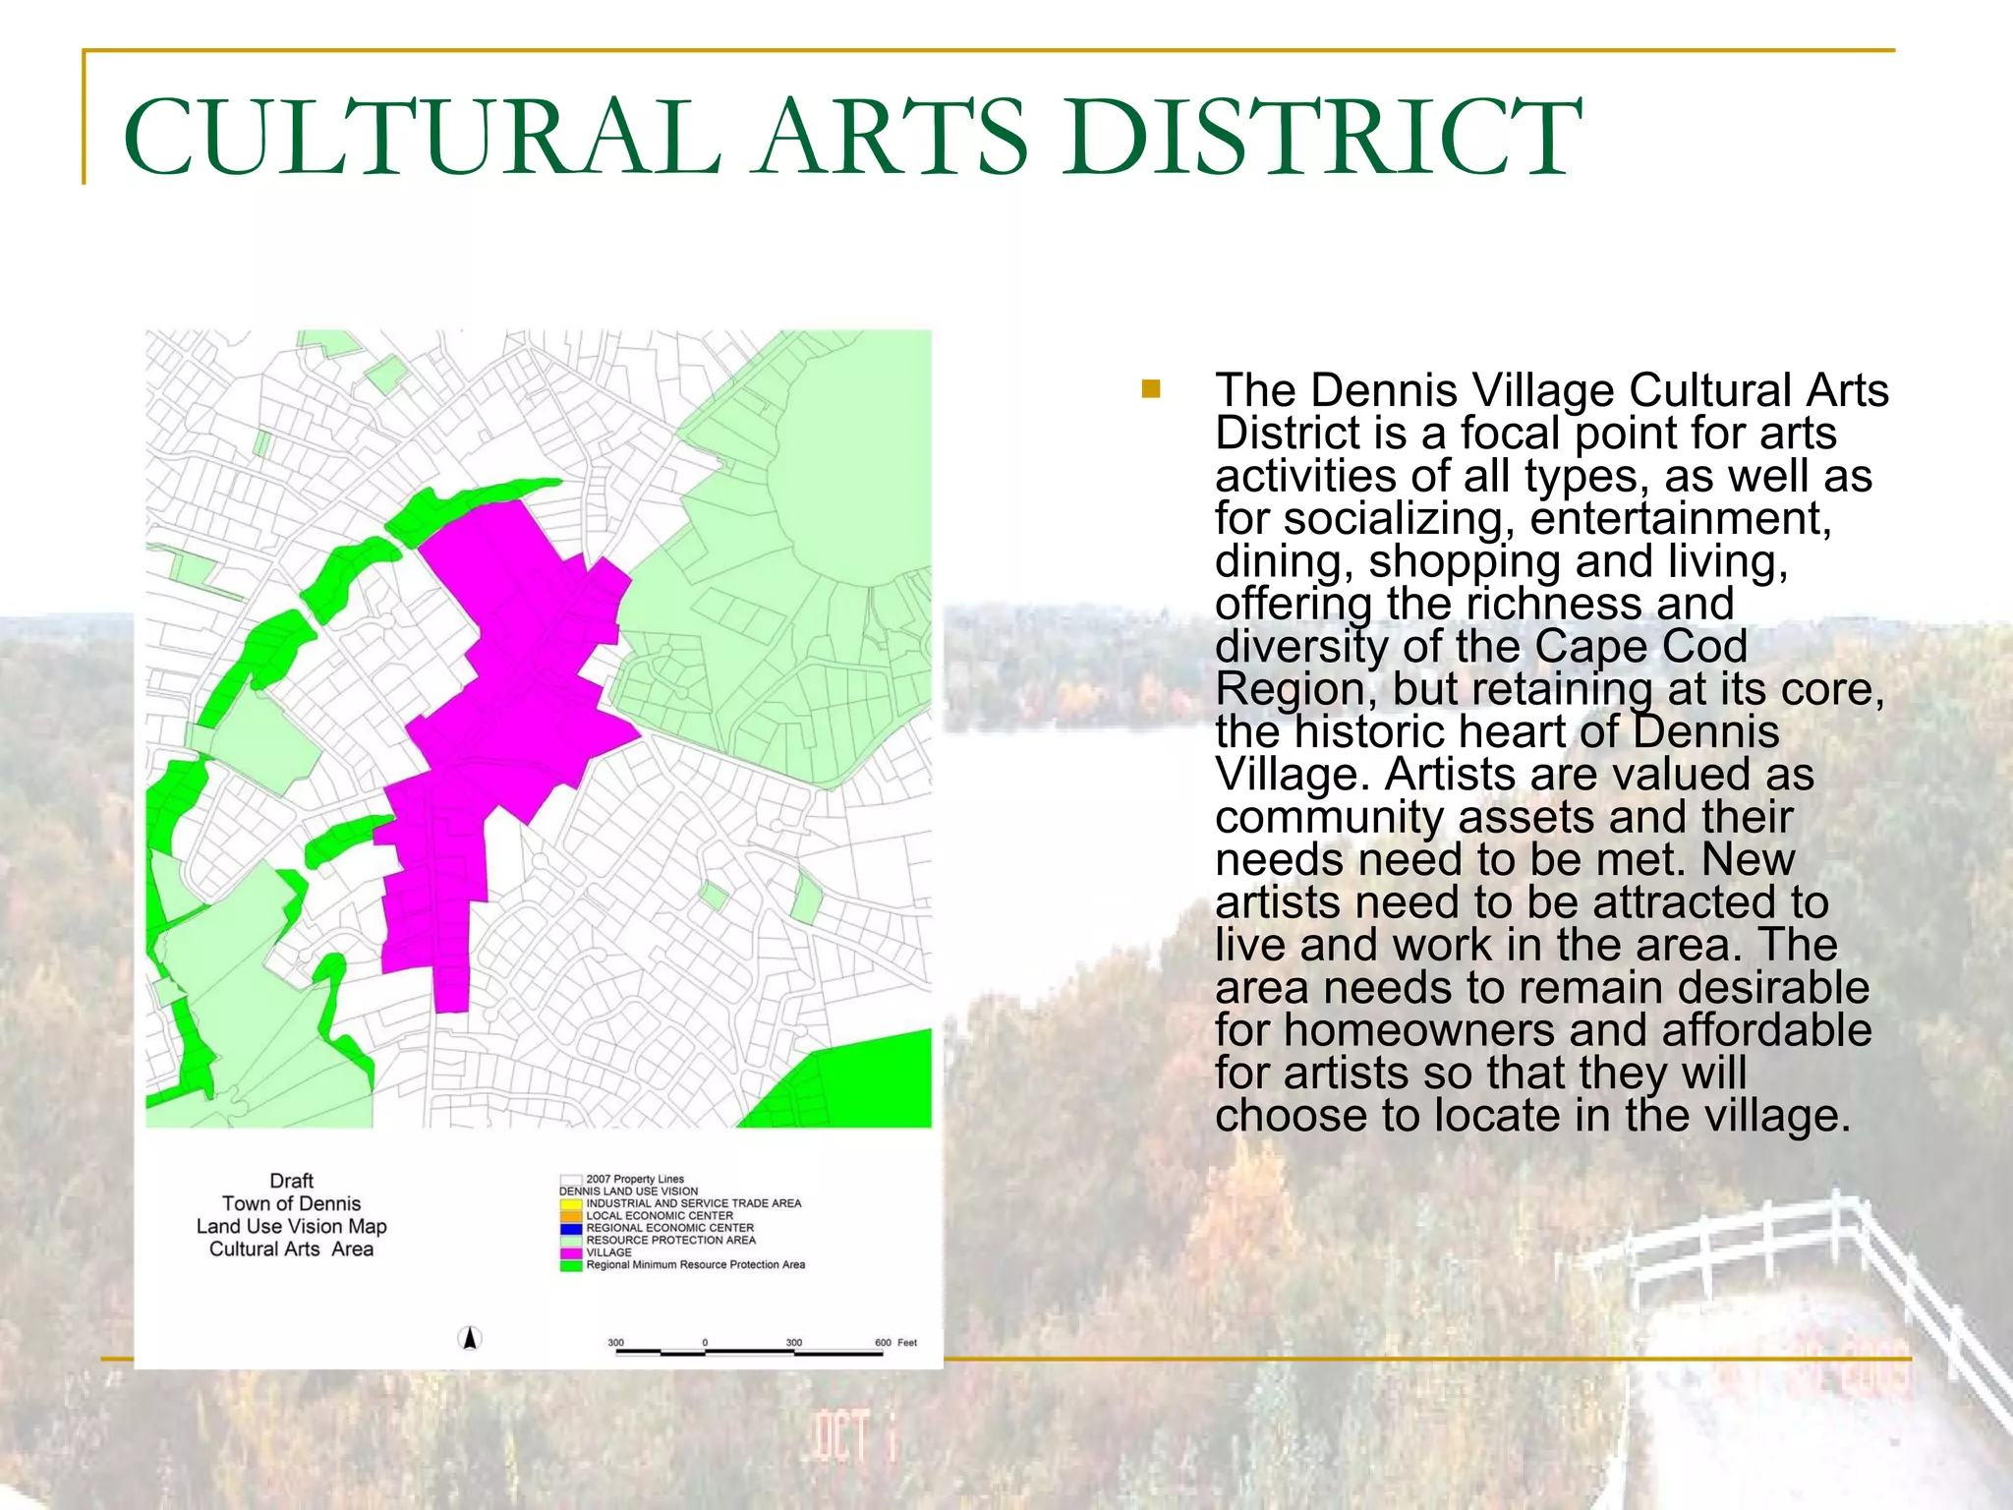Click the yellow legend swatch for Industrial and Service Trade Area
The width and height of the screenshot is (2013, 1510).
click(x=571, y=1203)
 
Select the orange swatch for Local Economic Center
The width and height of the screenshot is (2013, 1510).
click(x=571, y=1216)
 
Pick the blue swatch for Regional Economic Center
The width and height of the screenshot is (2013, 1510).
click(x=571, y=1228)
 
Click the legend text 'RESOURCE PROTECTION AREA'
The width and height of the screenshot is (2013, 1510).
click(x=671, y=1241)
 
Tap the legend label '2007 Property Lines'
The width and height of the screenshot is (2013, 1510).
click(x=635, y=1179)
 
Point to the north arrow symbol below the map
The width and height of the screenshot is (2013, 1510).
click(x=470, y=1338)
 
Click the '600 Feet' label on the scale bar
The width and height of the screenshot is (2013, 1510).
click(x=894, y=1343)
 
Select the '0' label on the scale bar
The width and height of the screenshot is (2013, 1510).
click(x=705, y=1343)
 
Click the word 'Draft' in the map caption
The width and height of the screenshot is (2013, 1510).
click(x=291, y=1181)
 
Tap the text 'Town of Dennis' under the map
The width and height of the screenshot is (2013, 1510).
click(x=291, y=1203)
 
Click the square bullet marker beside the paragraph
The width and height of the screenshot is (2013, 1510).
click(x=1151, y=389)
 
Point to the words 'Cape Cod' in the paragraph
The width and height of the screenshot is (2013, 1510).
click(x=1640, y=646)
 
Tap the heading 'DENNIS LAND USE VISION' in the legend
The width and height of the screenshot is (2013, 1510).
click(x=629, y=1191)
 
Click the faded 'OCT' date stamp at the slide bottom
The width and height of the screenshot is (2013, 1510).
click(x=841, y=1436)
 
